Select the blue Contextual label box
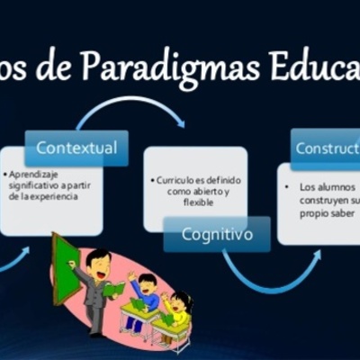point(76,147)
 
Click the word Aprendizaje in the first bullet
point(31,172)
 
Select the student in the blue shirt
point(145,296)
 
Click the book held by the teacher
point(113,289)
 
